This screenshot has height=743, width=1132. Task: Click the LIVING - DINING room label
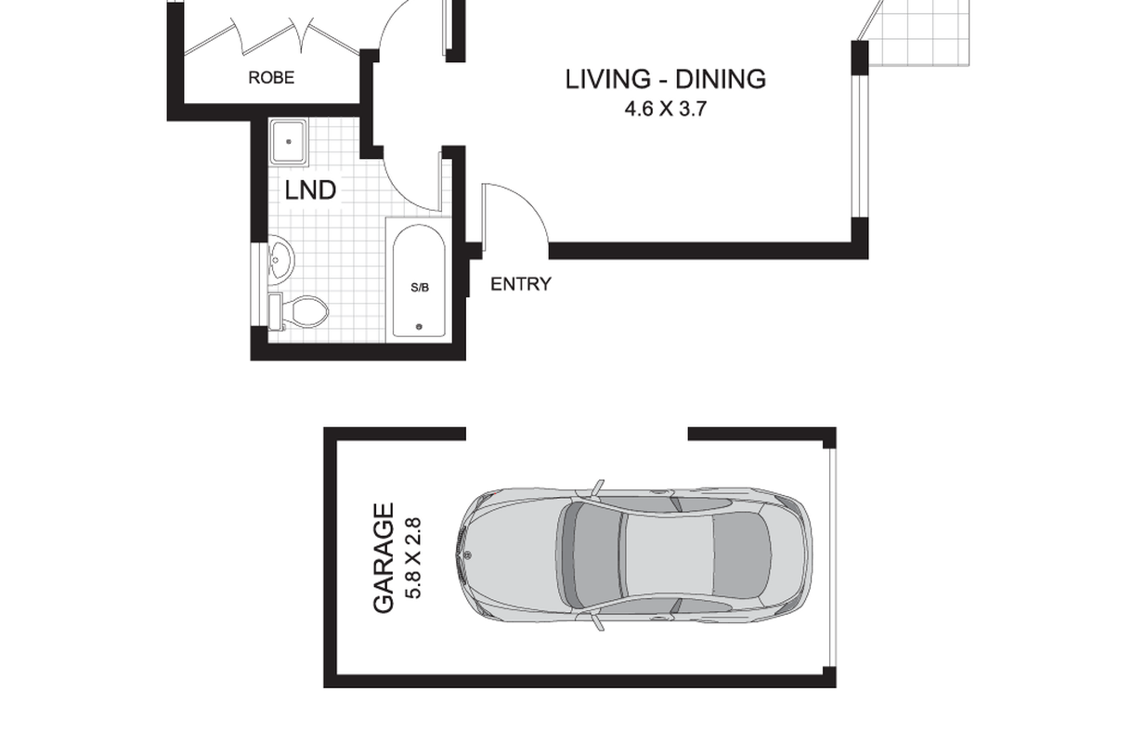[x=665, y=80]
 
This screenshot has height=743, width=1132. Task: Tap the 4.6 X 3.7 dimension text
[x=665, y=110]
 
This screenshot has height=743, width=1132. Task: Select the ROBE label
[x=271, y=78]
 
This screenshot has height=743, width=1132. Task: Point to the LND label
[x=310, y=190]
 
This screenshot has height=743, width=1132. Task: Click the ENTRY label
[x=521, y=284]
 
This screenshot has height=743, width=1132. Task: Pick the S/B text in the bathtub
[x=420, y=288]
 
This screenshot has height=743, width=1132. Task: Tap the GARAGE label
[x=384, y=557]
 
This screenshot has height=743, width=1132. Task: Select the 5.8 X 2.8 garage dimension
[x=413, y=558]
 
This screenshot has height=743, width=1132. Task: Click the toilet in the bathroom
[x=298, y=311]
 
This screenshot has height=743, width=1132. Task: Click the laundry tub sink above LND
[x=288, y=142]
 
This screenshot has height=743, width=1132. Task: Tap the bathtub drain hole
[x=419, y=327]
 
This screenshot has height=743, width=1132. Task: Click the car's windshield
[x=569, y=554]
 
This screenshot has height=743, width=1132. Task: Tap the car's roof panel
[x=669, y=554]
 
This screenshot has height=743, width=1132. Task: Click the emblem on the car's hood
[x=467, y=555]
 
